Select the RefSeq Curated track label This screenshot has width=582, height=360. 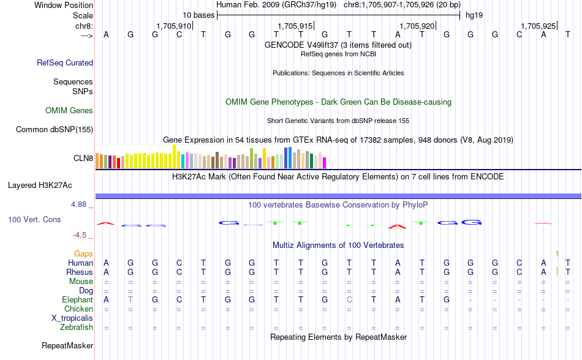65,62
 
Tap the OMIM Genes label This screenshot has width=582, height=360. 69,111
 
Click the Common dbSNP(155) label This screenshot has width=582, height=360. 55,129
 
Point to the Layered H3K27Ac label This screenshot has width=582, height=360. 40,185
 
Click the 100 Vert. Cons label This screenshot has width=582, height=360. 34,219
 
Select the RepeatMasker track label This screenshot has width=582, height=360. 67,346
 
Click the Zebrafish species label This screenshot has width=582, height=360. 77,328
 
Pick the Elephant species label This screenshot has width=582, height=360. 77,300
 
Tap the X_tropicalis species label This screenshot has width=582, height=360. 72,318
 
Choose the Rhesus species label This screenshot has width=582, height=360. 80,272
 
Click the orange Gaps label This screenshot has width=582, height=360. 83,253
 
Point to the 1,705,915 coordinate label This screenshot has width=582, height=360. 295,26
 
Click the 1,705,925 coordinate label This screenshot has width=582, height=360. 538,26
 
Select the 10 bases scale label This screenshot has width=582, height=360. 198,14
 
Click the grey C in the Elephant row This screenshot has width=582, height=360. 349,300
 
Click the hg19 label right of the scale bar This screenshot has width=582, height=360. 474,14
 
